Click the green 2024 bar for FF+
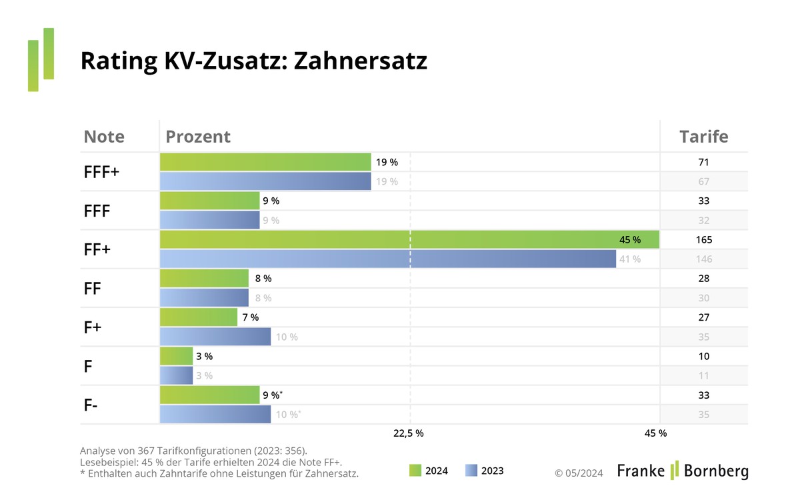tap(400, 239)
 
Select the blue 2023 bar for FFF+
tap(265, 181)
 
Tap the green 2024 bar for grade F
tap(176, 356)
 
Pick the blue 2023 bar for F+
tap(215, 337)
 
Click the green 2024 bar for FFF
tap(209, 201)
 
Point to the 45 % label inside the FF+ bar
tap(630, 239)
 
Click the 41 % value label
tap(630, 259)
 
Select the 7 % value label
tap(250, 317)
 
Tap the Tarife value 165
tap(703, 239)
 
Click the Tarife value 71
tap(703, 162)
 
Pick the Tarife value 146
tap(703, 259)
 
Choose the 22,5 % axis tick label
tap(408, 433)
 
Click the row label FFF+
tap(101, 171)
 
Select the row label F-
tap(92, 404)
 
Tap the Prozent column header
tap(198, 137)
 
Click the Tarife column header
tap(703, 137)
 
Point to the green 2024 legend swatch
tap(414, 471)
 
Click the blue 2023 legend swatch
tap(471, 471)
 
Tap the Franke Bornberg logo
tap(682, 471)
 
